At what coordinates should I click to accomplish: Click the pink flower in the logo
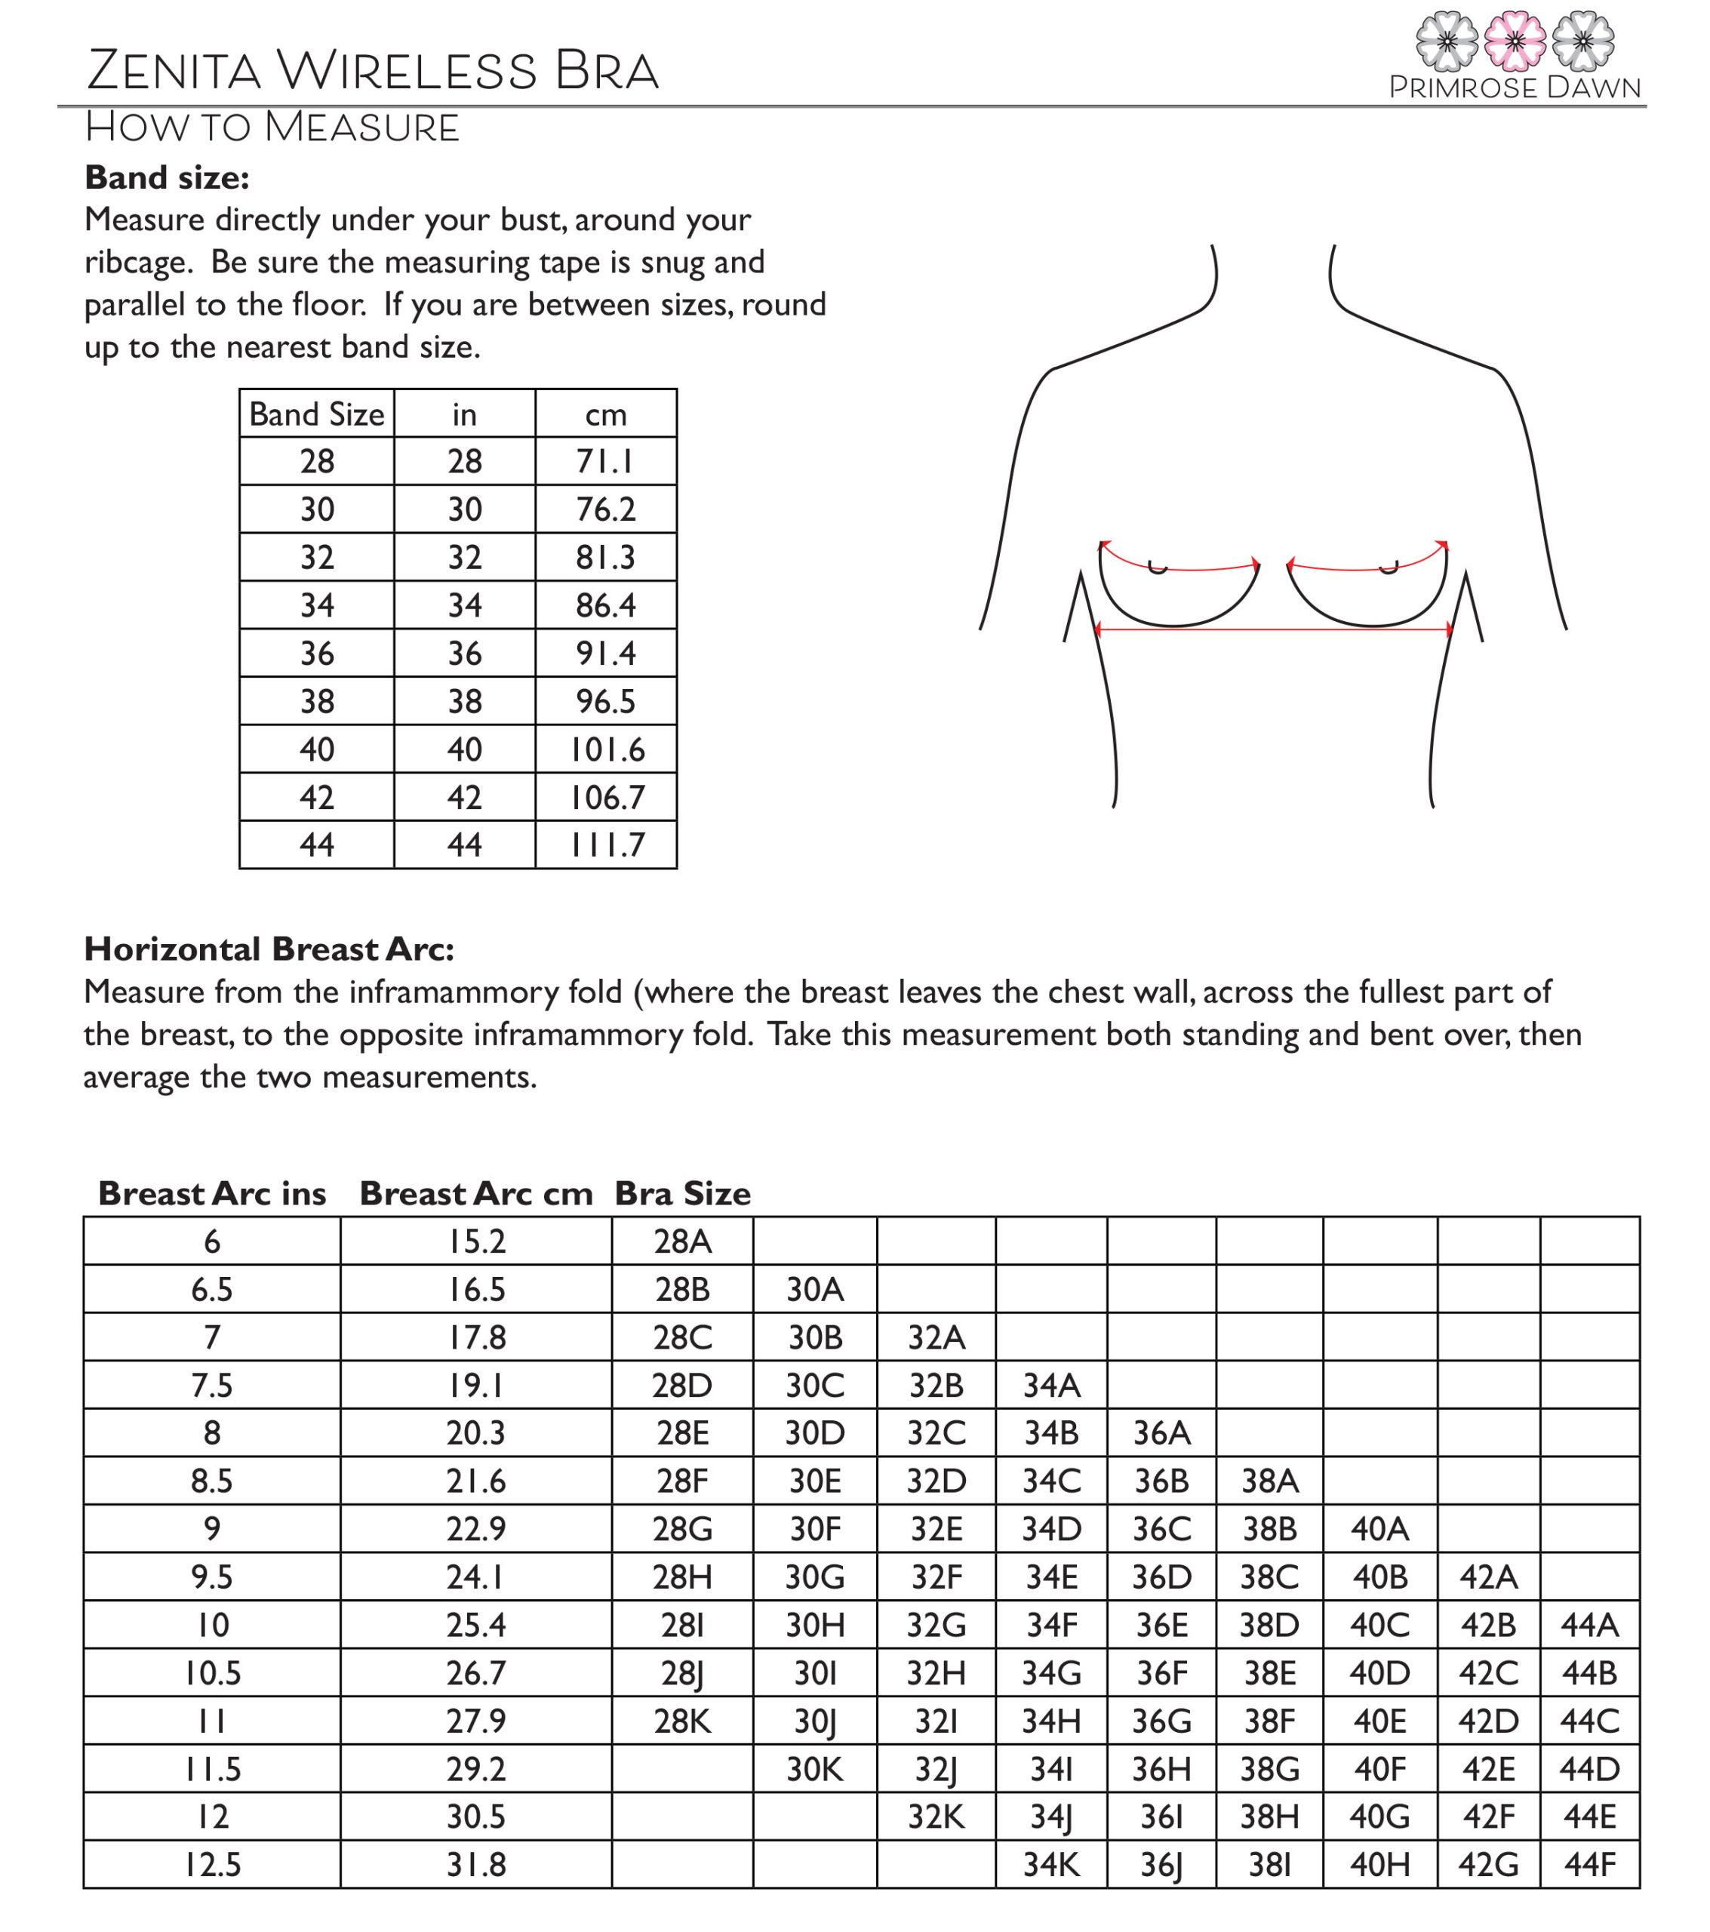1515,42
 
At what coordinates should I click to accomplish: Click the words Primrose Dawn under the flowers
1515,88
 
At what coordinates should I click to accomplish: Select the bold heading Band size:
166,177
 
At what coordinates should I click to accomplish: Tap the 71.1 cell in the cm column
605,461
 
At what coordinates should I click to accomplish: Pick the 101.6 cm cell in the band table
606,749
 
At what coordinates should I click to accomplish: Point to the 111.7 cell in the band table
606,845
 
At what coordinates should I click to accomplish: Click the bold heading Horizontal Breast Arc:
269,948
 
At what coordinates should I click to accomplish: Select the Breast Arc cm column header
475,1194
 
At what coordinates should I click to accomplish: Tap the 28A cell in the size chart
682,1241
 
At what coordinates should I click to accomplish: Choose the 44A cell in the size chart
1590,1626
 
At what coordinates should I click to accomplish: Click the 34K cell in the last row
1051,1865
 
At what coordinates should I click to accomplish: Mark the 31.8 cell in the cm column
475,1865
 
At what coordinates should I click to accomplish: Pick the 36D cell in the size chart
1161,1577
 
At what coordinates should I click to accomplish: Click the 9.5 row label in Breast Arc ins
212,1577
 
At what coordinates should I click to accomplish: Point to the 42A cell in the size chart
1489,1577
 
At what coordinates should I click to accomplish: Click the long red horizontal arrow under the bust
1273,629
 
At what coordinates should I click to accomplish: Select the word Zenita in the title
173,71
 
